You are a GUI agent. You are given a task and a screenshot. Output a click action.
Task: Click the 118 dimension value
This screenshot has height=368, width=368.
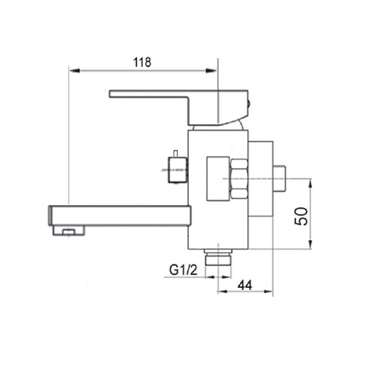click(142, 62)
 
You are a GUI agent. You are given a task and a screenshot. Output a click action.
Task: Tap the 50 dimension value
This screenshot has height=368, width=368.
click(301, 217)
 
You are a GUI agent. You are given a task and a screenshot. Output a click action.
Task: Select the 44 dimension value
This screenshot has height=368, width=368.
click(245, 285)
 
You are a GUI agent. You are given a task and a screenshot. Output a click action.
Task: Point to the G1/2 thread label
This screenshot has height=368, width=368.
click(183, 270)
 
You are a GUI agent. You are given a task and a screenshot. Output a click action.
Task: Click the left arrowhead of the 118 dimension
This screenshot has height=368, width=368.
click(74, 71)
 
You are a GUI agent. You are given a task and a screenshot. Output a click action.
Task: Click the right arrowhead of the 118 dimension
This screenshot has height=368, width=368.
click(212, 71)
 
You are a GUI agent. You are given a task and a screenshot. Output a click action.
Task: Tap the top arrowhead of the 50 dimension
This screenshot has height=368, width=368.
click(310, 184)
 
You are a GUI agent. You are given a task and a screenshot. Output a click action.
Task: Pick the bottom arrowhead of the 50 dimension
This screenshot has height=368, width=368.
click(310, 244)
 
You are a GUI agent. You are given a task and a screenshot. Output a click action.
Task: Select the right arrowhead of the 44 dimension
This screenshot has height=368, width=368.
click(268, 292)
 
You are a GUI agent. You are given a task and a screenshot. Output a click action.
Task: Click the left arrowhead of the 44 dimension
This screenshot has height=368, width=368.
click(223, 292)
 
